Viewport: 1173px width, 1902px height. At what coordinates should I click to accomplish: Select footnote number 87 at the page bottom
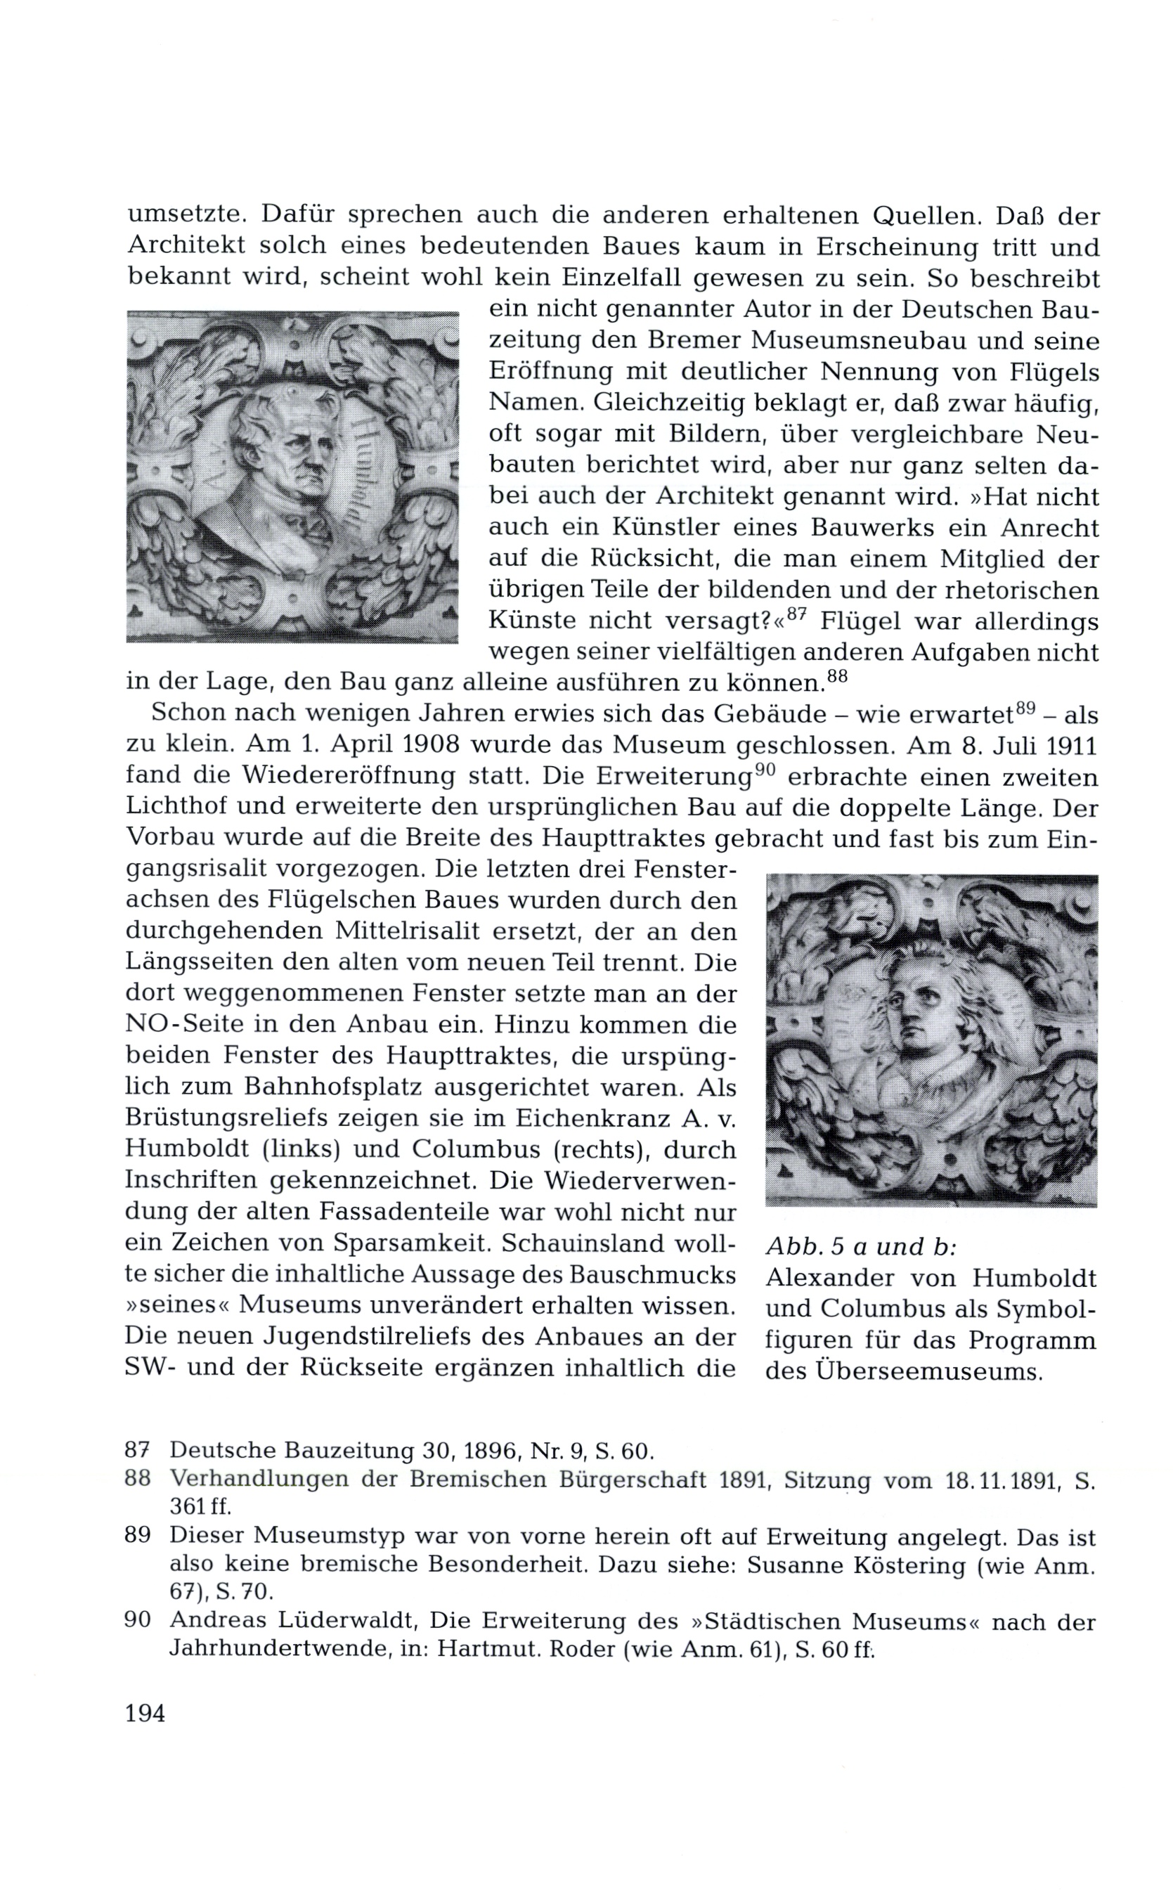[x=137, y=1450]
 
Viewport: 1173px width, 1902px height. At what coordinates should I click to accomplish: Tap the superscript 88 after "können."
[x=837, y=676]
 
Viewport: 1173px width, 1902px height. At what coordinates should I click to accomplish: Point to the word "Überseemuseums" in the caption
[x=928, y=1371]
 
